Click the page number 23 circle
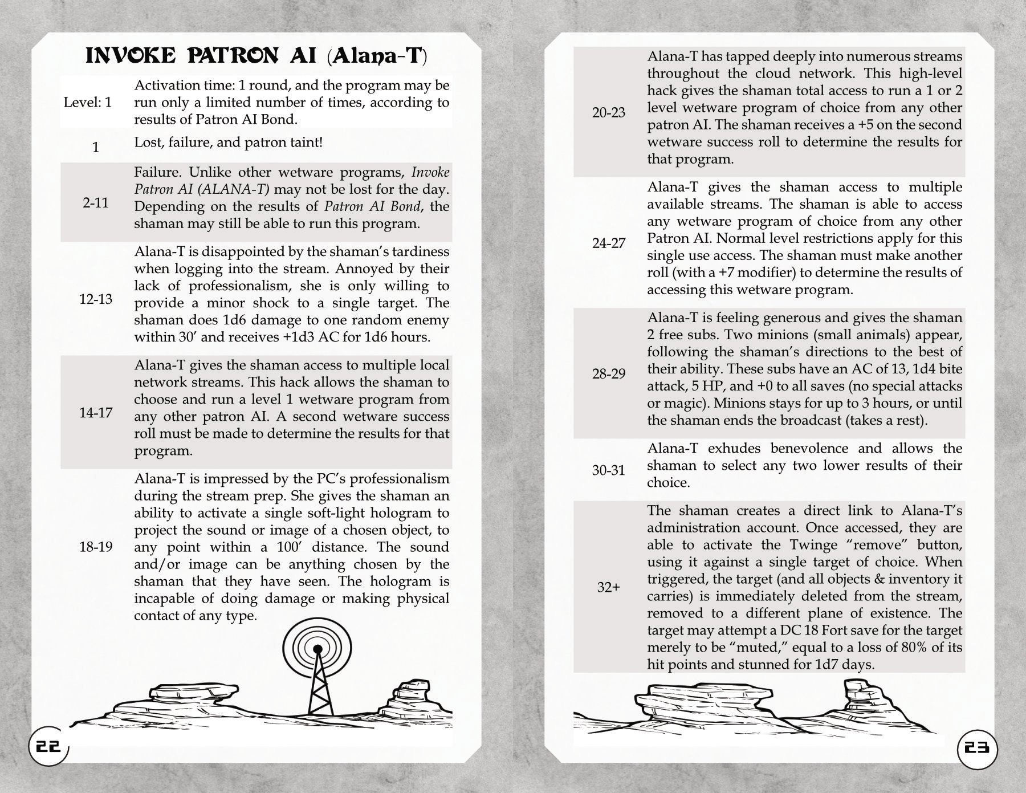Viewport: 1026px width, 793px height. (x=976, y=747)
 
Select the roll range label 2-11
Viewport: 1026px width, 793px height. (x=95, y=203)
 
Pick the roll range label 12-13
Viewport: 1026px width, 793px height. (x=95, y=299)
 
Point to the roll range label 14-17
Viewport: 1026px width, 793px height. (x=95, y=413)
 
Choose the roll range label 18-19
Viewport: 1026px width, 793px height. (x=95, y=547)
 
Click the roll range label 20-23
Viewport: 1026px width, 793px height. (x=608, y=112)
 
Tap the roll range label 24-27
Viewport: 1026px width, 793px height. (x=608, y=243)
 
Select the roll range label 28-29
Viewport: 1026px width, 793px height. (x=608, y=374)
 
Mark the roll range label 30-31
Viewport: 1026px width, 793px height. (x=608, y=470)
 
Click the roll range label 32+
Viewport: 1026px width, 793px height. (x=608, y=587)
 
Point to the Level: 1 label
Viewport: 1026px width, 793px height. (x=88, y=103)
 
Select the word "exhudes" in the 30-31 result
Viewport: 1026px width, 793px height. (x=738, y=448)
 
